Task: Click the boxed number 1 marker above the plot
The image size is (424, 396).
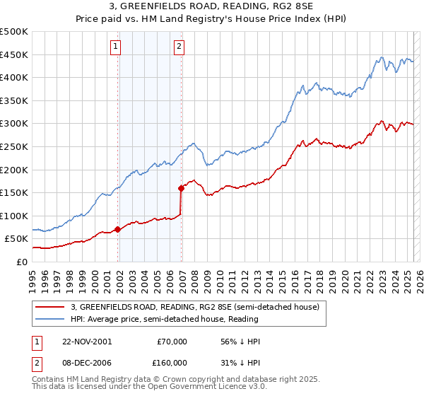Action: click(x=115, y=47)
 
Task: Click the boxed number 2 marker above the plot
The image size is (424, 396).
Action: click(x=179, y=47)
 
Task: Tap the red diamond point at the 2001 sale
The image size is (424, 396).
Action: click(x=117, y=229)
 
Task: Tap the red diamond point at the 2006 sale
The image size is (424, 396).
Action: click(x=181, y=188)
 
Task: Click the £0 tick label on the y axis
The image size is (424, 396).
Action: click(x=21, y=262)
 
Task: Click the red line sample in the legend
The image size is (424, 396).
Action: click(x=50, y=307)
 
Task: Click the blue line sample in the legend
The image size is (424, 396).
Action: click(x=50, y=319)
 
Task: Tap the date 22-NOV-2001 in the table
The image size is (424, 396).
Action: click(x=86, y=342)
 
